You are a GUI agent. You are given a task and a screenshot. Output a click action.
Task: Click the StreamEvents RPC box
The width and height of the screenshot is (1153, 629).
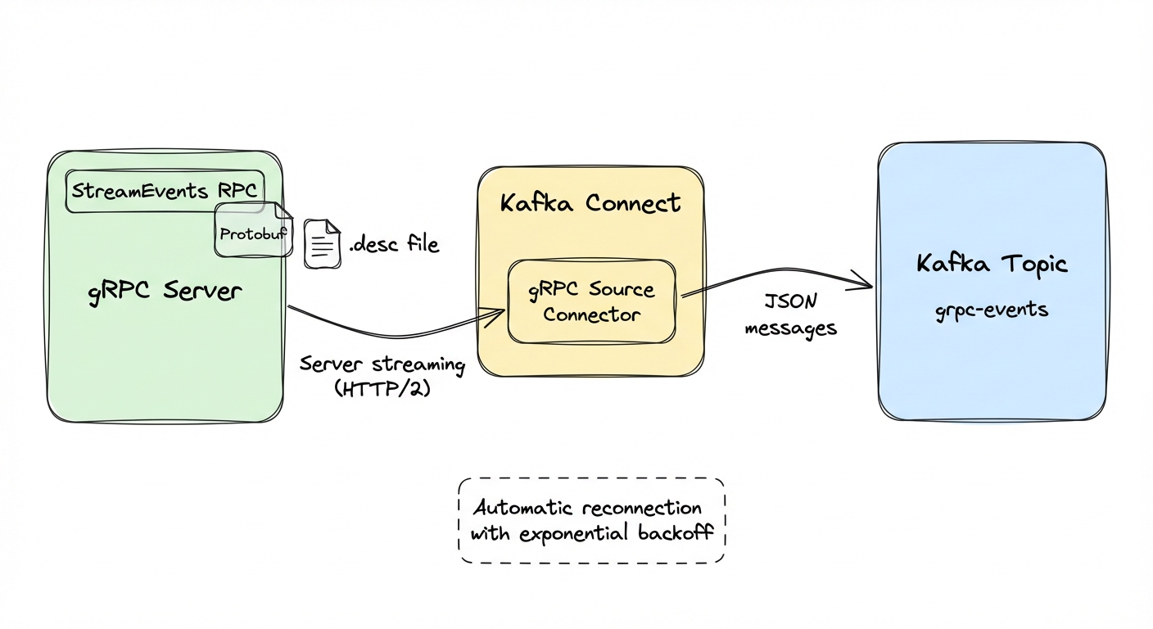click(164, 191)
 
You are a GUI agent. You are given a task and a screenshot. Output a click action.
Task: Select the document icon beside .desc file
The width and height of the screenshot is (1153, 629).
click(322, 244)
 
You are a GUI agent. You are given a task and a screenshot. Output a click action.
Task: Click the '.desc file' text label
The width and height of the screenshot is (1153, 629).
click(394, 244)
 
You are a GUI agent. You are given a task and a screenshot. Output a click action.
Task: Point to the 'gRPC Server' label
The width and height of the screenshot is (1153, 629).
click(165, 292)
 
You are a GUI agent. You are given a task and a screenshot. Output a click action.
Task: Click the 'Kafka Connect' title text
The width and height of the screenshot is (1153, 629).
click(590, 203)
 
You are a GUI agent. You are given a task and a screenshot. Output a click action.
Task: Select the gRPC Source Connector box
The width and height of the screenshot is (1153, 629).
click(591, 301)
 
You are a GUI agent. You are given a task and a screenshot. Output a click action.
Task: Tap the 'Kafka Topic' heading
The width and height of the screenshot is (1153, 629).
click(992, 265)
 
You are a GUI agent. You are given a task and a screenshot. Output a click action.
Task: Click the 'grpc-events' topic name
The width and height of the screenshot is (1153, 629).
click(992, 311)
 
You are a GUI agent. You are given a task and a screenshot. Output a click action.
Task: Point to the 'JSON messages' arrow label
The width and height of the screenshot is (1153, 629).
click(790, 314)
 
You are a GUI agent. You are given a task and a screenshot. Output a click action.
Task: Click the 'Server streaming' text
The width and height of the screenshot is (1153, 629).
click(382, 364)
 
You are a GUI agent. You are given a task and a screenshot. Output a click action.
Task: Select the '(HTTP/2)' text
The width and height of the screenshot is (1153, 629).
click(382, 390)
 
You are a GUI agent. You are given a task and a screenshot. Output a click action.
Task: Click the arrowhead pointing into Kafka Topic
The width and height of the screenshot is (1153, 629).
click(866, 285)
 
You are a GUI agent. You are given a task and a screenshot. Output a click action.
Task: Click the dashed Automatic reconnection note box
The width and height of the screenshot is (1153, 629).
click(591, 521)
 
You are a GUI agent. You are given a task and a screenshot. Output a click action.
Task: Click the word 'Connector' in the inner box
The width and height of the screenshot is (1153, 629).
click(591, 314)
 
